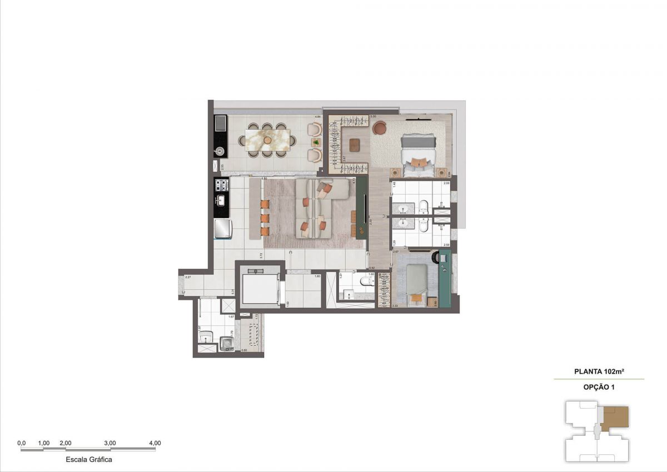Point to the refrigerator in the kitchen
(x=223, y=228)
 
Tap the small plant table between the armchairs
(x=316, y=142)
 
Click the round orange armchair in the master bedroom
(x=379, y=128)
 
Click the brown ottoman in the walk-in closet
(x=354, y=146)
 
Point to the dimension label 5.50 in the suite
(x=374, y=117)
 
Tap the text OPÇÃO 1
(x=599, y=387)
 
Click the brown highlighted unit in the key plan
(x=615, y=417)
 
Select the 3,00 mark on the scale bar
(x=110, y=443)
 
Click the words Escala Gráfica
(x=89, y=460)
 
